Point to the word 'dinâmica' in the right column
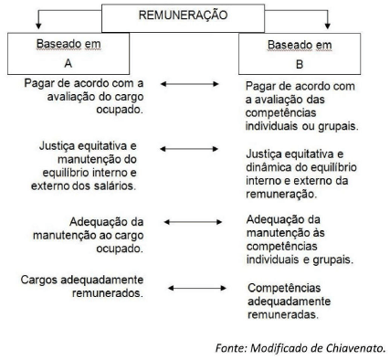click(x=273, y=167)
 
